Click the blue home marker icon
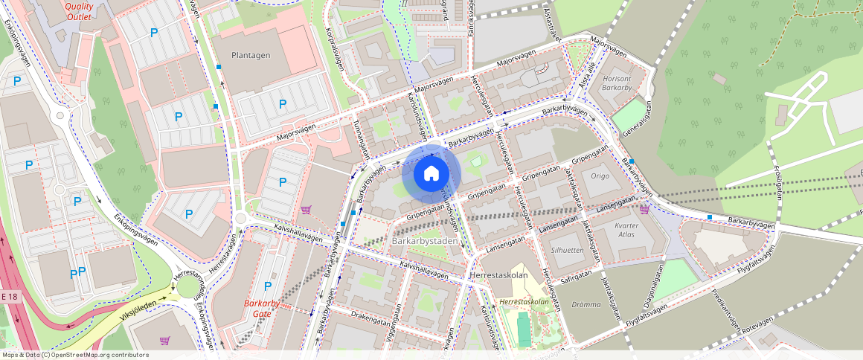point(431,174)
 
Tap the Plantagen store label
point(251,55)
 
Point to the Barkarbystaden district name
point(425,242)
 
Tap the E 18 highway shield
point(9,297)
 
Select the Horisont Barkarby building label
point(617,83)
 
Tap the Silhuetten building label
point(568,251)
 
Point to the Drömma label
point(586,304)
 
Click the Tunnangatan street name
point(362,139)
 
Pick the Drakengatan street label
point(370,315)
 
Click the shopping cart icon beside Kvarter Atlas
point(644,209)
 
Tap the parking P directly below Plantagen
point(282,104)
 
